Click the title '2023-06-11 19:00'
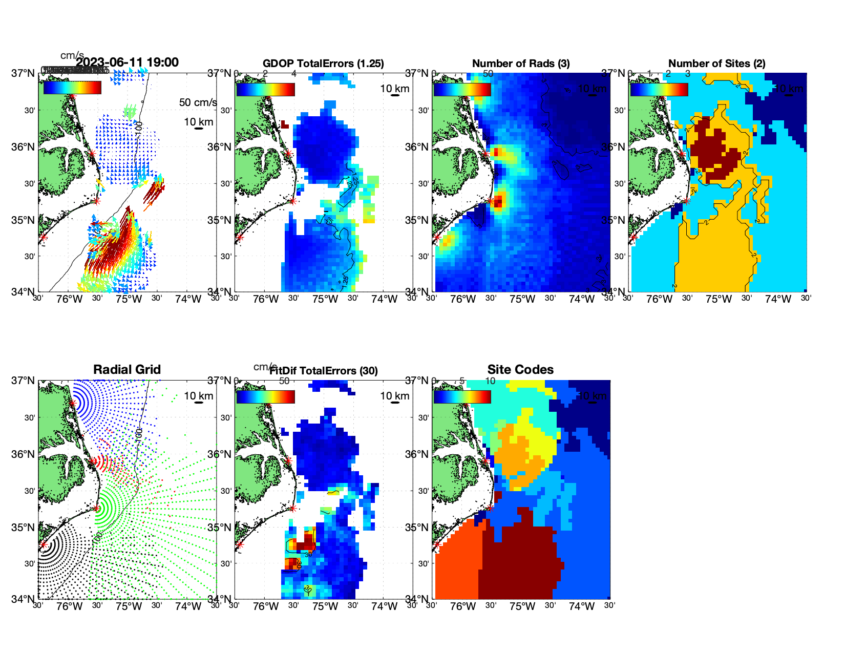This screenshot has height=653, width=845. [x=127, y=62]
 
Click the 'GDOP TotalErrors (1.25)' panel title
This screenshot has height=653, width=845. [x=323, y=64]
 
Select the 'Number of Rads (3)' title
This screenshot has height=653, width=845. [x=521, y=64]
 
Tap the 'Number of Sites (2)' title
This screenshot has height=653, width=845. [x=716, y=64]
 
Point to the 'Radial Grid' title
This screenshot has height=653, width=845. [x=127, y=370]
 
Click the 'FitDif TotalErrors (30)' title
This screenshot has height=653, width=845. [x=324, y=371]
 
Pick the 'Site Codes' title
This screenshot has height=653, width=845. [x=520, y=370]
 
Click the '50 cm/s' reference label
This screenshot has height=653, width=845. [x=198, y=102]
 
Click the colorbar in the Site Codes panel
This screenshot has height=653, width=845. [x=462, y=396]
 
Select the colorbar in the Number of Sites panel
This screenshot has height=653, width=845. [x=659, y=89]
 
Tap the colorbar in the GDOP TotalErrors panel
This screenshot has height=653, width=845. [x=265, y=89]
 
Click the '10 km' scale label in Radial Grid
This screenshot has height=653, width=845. [x=198, y=396]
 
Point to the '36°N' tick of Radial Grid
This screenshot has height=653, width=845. [x=23, y=454]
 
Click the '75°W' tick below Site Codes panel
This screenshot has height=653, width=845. [x=522, y=606]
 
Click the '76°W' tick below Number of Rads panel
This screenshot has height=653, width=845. [x=463, y=299]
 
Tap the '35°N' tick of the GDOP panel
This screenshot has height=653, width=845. [x=220, y=220]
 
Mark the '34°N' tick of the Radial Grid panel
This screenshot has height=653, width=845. [x=23, y=599]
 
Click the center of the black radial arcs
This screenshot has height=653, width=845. [x=43, y=545]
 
